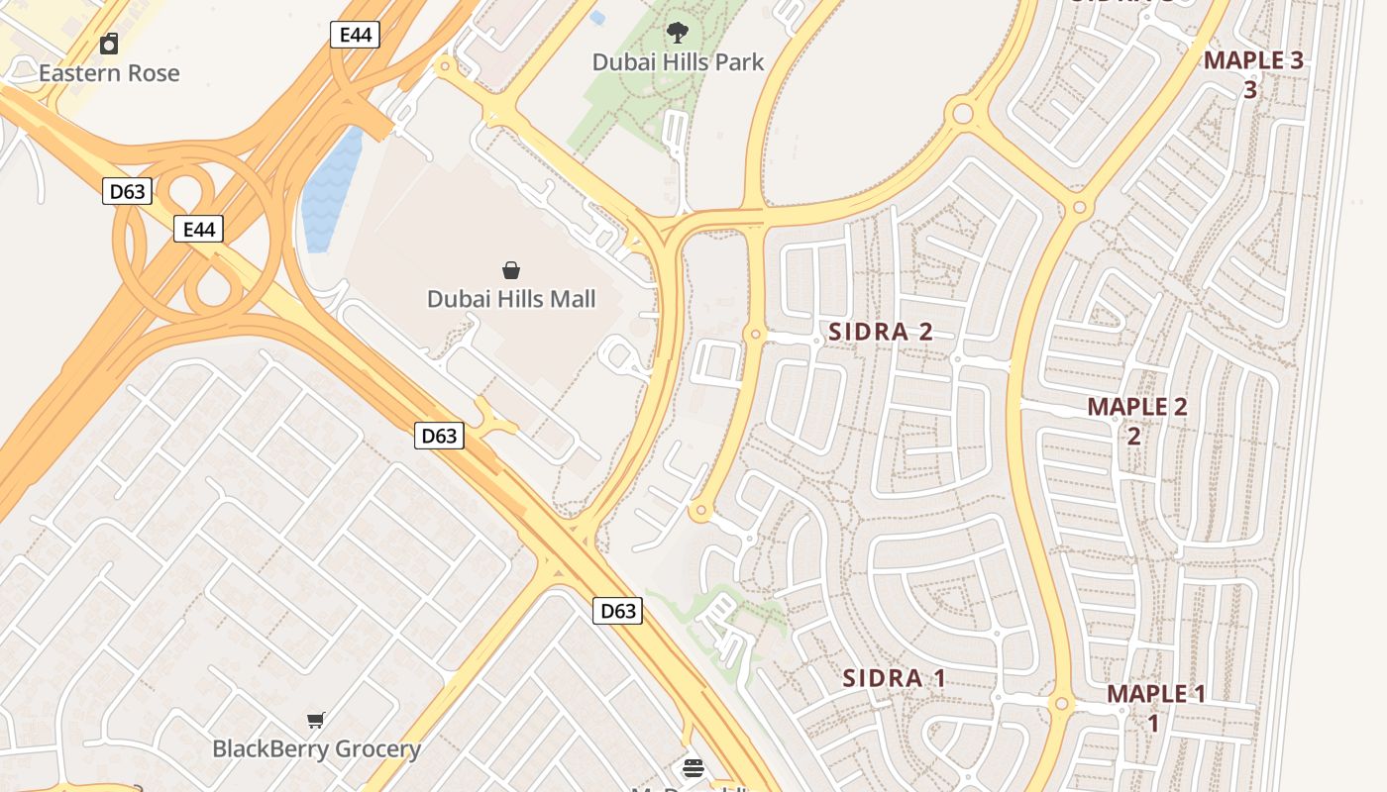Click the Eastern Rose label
(109, 73)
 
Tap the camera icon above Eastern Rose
(109, 44)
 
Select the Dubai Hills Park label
(678, 62)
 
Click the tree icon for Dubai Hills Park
(678, 34)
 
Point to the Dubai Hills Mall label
(511, 299)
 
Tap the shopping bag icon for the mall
(511, 270)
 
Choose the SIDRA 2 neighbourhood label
(881, 332)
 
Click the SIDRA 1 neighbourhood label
(894, 679)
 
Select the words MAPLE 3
(1253, 60)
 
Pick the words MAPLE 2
(1136, 407)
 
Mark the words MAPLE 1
(1156, 694)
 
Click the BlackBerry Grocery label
(317, 749)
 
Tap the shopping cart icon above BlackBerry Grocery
(316, 720)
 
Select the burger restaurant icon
(693, 767)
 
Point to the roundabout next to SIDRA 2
(756, 336)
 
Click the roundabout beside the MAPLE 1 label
(1061, 705)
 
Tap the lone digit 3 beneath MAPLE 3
(1250, 90)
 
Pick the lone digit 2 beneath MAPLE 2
(1133, 437)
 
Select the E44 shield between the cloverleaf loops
(199, 230)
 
